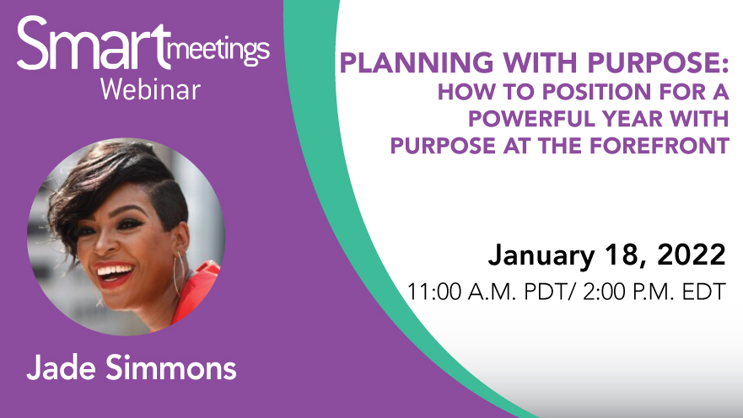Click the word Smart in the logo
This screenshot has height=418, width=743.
[x=94, y=43]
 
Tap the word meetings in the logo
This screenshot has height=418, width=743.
[x=218, y=52]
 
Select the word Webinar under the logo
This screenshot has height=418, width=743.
[x=151, y=89]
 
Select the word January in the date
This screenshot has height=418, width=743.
[x=541, y=256]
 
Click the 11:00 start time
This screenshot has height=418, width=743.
[x=434, y=292]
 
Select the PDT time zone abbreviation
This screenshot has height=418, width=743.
[x=545, y=292]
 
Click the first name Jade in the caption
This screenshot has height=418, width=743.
[x=61, y=367]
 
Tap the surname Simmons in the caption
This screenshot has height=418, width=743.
[x=170, y=367]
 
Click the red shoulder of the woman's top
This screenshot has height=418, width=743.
[x=198, y=288]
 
